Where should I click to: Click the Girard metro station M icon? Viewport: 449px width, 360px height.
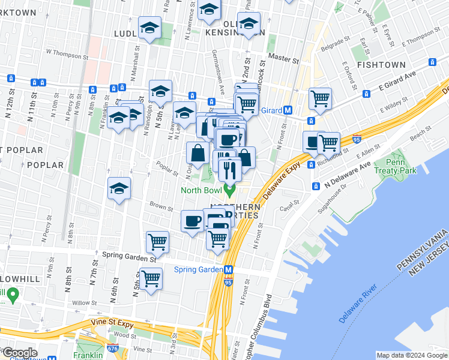pos(288,110)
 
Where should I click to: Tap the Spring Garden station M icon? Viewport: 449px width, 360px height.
pos(229,269)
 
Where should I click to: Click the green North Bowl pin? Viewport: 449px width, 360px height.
pos(228,191)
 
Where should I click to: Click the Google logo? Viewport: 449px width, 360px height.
pos(20,353)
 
